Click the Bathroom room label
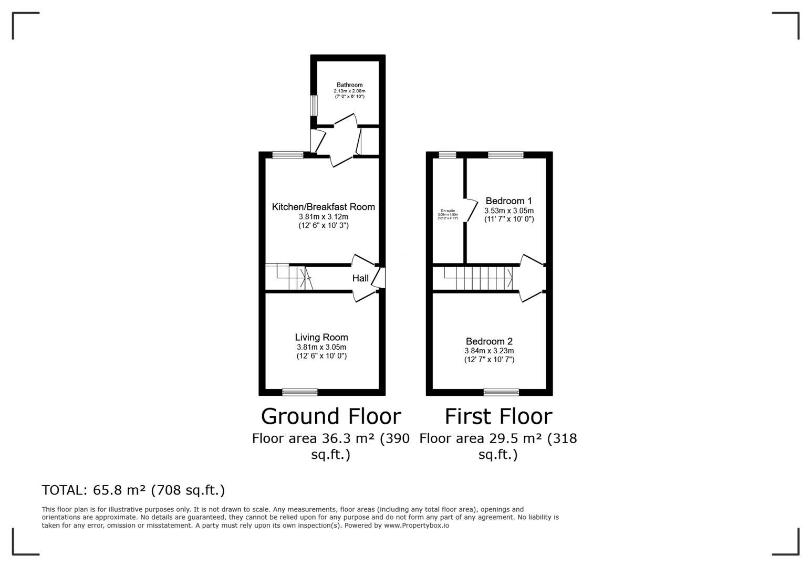click(x=349, y=85)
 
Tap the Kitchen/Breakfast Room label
click(x=323, y=207)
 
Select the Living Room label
click(x=321, y=338)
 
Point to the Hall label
click(x=360, y=278)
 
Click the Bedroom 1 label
click(x=508, y=201)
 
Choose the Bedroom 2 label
click(x=488, y=342)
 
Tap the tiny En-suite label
click(x=448, y=211)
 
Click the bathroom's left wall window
click(x=314, y=106)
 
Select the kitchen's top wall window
click(x=288, y=154)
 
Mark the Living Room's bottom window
click(x=300, y=392)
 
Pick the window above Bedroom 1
click(x=505, y=154)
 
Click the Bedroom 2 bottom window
click(x=501, y=392)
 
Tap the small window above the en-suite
click(x=448, y=154)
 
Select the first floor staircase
click(x=478, y=278)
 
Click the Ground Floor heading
click(x=331, y=416)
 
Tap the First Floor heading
click(x=498, y=416)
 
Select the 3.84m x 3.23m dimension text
click(x=488, y=351)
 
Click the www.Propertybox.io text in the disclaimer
click(x=416, y=525)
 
